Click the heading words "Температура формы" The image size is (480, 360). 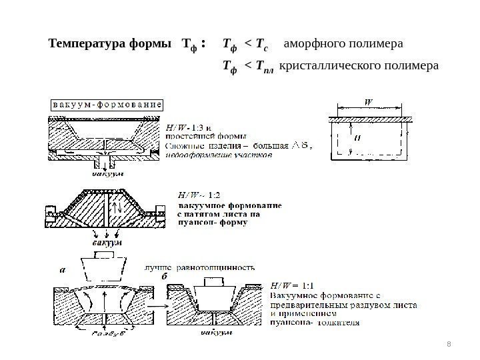click(109, 45)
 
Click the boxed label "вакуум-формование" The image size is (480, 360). click(107, 105)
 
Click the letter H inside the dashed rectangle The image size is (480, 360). click(357, 140)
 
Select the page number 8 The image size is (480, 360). click(449, 343)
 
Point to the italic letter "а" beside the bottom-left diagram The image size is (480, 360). click(63, 271)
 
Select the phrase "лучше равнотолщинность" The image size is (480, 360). click(198, 267)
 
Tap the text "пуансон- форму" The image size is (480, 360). click(212, 224)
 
